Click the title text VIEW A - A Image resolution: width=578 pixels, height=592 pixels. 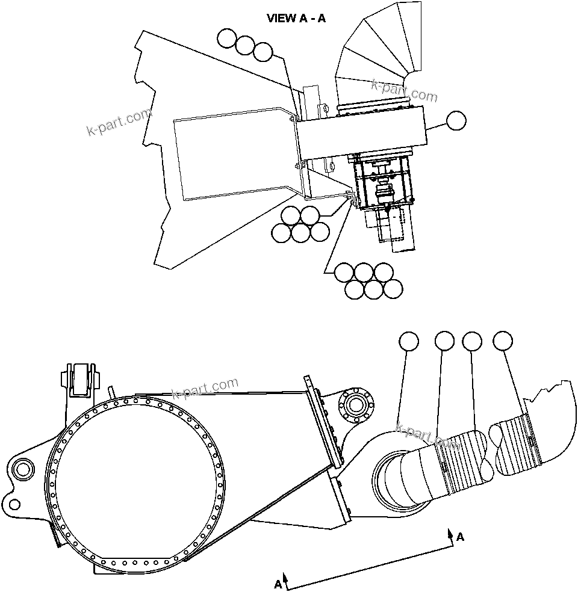(296, 18)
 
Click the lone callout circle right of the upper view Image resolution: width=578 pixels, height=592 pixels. (456, 120)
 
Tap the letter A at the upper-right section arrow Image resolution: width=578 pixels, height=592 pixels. (461, 537)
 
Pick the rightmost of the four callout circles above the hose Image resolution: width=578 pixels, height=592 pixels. (503, 341)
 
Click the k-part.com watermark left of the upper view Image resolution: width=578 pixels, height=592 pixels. (120, 123)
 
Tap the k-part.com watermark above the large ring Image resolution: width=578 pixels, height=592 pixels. (205, 388)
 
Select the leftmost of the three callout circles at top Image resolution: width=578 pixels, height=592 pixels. (227, 39)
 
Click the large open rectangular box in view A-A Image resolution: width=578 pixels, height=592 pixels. (235, 153)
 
